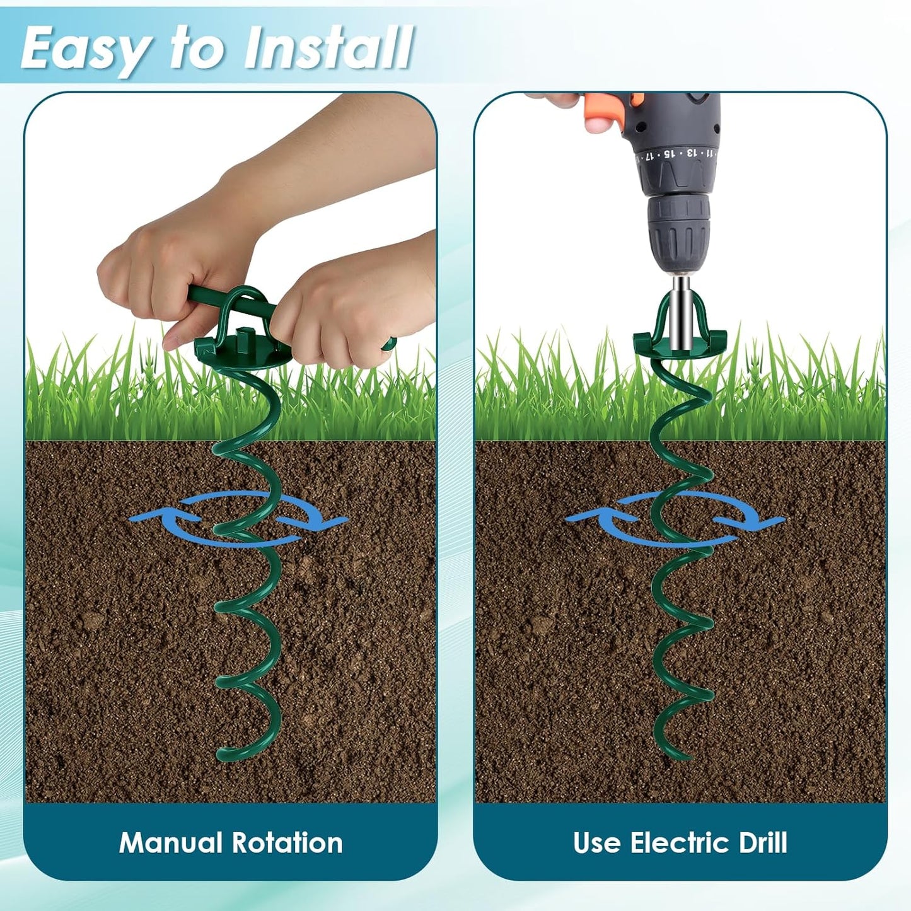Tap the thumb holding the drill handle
pos(553,98)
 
